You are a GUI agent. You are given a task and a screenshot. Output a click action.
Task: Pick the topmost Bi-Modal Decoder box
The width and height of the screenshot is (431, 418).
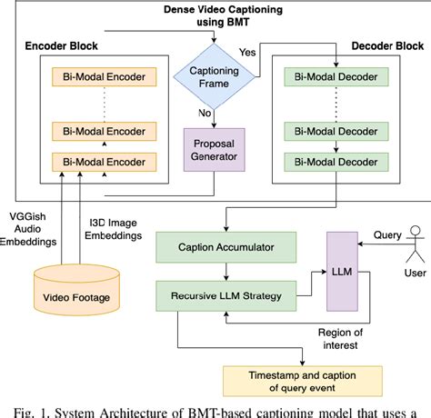(334, 75)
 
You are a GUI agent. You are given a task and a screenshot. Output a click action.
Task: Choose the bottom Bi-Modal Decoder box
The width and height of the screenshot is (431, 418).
(334, 163)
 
